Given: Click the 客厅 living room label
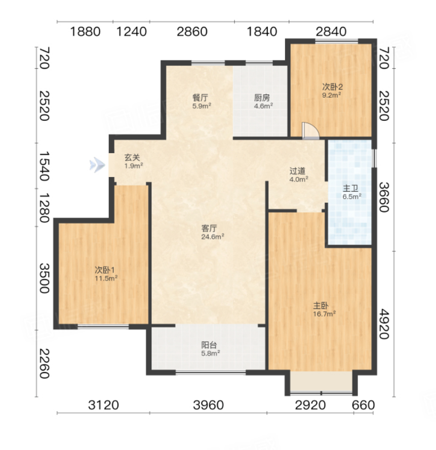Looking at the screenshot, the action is pyautogui.click(x=209, y=229).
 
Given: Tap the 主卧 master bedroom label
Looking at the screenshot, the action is pyautogui.click(x=321, y=305).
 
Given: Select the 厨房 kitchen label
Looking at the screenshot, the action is pyautogui.click(x=262, y=98).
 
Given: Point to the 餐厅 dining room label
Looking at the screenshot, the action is pyautogui.click(x=200, y=98).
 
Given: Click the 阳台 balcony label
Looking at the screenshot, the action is pyautogui.click(x=209, y=345).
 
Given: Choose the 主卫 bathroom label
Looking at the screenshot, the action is pyautogui.click(x=350, y=188).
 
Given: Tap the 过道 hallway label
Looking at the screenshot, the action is pyautogui.click(x=297, y=171).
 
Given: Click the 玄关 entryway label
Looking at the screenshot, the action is pyautogui.click(x=132, y=158).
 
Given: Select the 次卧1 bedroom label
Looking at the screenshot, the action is pyautogui.click(x=105, y=270).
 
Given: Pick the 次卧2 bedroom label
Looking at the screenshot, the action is pyautogui.click(x=332, y=86).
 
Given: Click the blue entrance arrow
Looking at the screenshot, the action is pyautogui.click(x=97, y=165).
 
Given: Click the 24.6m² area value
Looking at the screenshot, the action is pyautogui.click(x=213, y=237).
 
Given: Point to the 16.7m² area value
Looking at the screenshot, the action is pyautogui.click(x=325, y=314).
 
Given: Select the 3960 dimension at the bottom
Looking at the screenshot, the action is pyautogui.click(x=208, y=405).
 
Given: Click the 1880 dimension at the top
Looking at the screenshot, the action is pyautogui.click(x=86, y=31).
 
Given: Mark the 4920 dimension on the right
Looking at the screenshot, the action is pyautogui.click(x=384, y=324).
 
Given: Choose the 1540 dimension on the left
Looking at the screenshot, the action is pyautogui.click(x=44, y=166).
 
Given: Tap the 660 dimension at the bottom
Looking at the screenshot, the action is pyautogui.click(x=363, y=405).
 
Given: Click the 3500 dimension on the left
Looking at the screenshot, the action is pyautogui.click(x=44, y=278).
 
